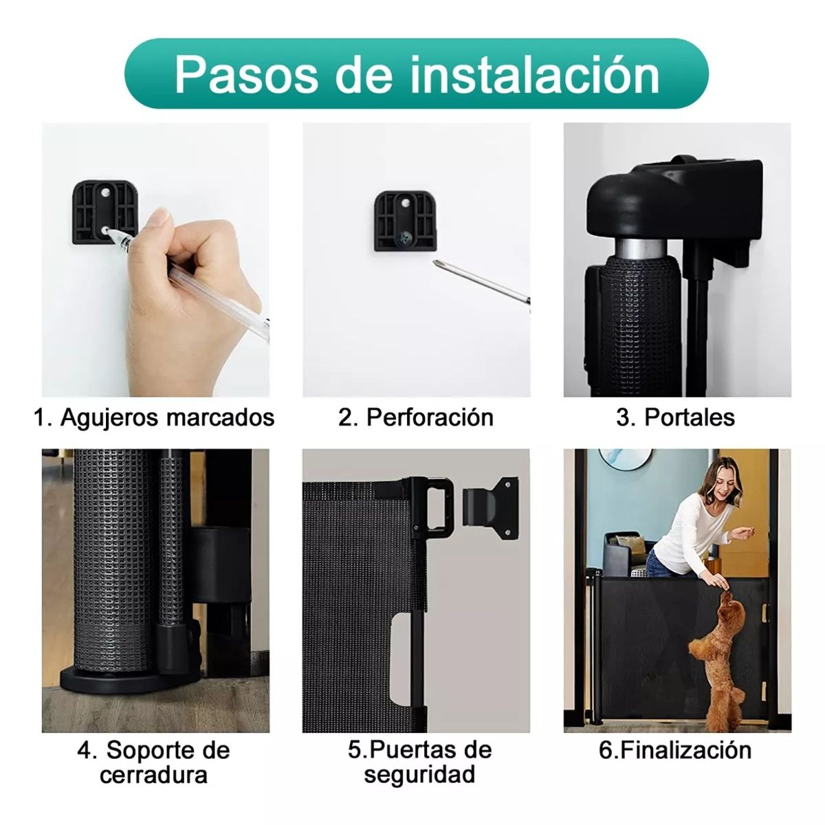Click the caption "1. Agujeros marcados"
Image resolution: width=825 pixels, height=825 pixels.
tap(154, 417)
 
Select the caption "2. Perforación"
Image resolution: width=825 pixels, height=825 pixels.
tap(415, 417)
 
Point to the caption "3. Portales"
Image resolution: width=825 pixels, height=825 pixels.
tap(676, 417)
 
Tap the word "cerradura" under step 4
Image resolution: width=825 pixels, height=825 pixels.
tap(153, 775)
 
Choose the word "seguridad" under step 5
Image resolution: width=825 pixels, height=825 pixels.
tap(419, 775)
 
